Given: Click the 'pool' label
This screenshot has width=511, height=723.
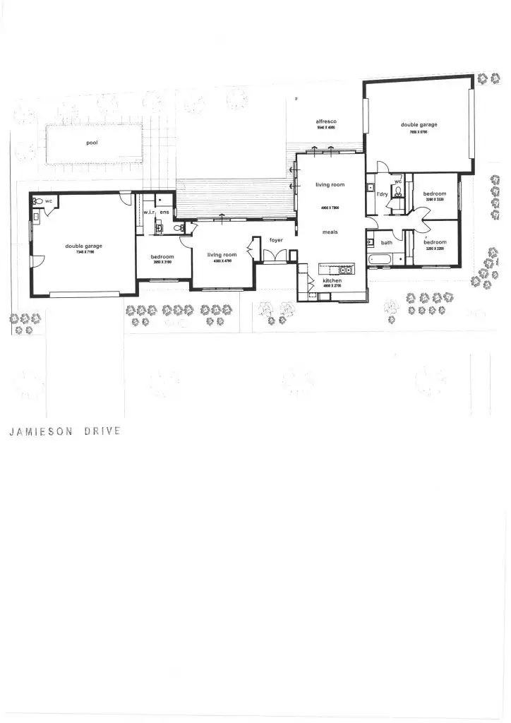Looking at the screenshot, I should (92, 143).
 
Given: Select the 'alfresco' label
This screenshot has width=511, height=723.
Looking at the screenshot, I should (326, 122).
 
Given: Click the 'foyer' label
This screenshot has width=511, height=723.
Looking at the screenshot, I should (276, 241).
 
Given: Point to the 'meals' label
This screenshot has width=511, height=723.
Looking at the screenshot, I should (330, 232).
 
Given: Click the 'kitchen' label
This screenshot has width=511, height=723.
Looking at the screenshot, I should (332, 281).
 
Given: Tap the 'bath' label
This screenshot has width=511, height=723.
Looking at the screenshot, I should (387, 243).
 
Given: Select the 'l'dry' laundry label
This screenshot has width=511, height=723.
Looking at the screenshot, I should (381, 193).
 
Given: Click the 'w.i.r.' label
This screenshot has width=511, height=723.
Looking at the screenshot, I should (150, 213).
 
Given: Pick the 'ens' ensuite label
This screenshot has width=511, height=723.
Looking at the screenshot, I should (164, 213).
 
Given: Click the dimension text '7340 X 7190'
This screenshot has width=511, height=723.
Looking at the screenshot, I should (84, 252).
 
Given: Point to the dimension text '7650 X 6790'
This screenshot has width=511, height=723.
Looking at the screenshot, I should (419, 131).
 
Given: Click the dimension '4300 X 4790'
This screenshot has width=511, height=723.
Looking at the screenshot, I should (222, 261).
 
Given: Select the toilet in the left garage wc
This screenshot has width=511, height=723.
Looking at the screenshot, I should (38, 201).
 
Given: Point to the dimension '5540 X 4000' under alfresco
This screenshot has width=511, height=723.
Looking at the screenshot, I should (326, 129).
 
